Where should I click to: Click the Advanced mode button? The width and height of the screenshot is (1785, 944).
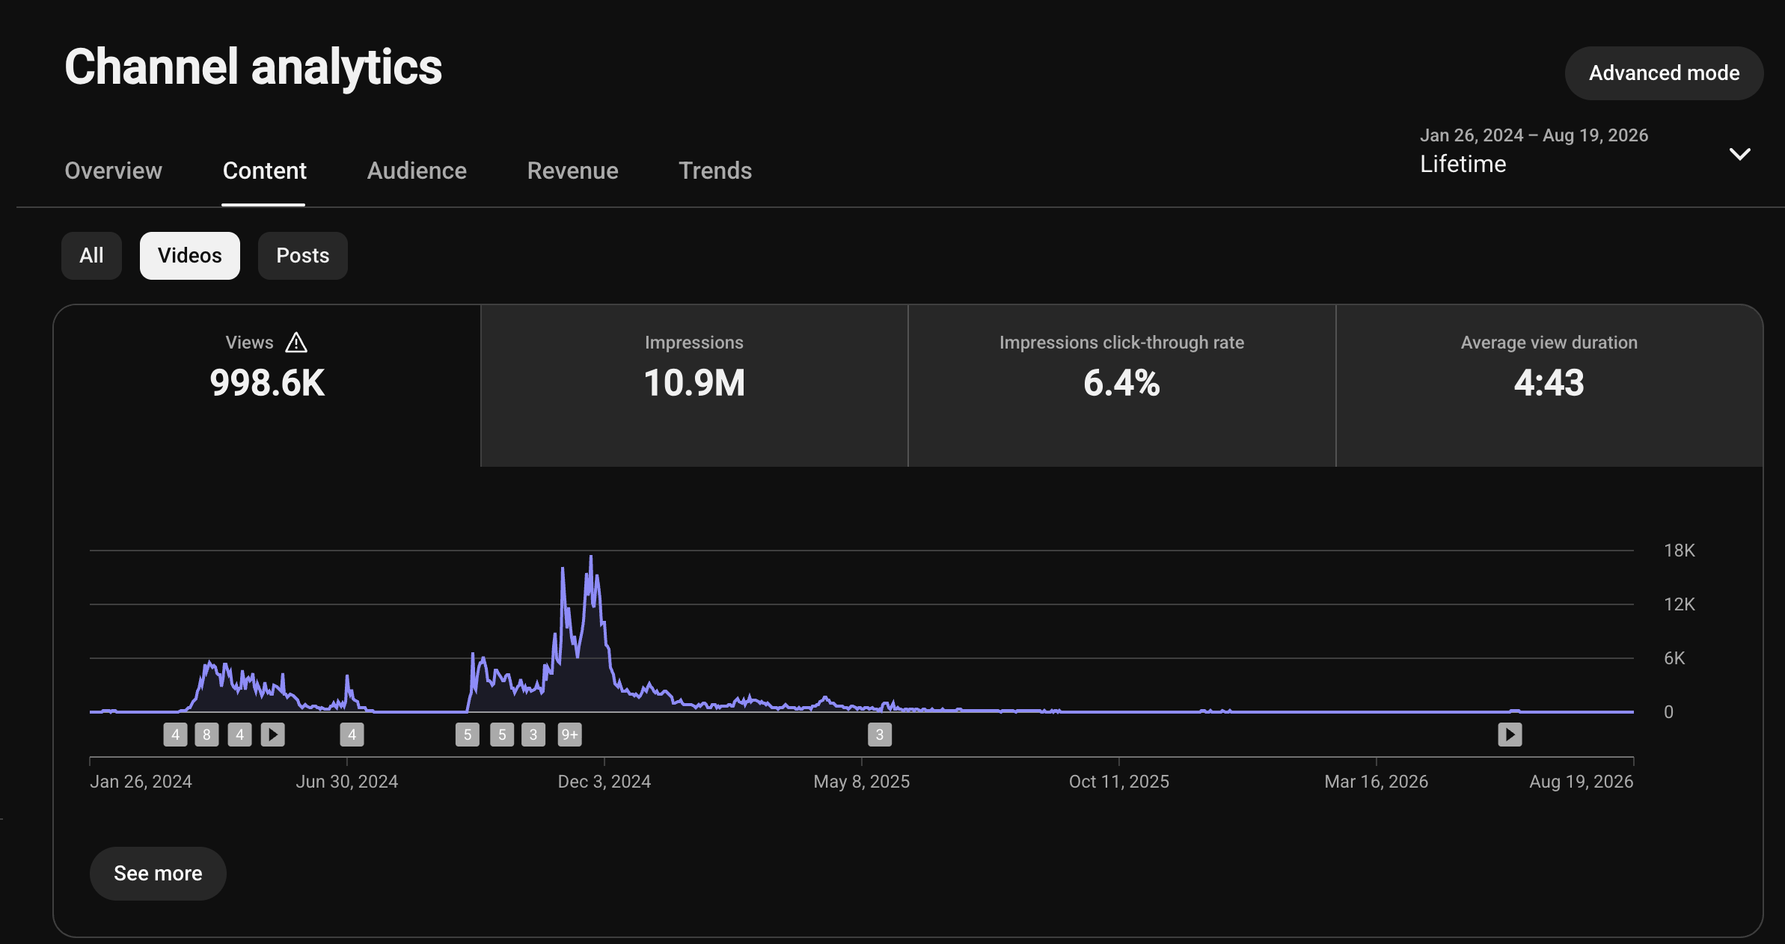[x=1664, y=73]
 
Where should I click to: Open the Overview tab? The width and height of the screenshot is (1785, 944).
[x=113, y=171]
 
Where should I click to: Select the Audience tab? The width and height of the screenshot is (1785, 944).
[x=417, y=171]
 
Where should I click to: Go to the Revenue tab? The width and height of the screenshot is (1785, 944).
[x=572, y=171]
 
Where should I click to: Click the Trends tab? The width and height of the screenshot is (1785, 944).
[x=715, y=171]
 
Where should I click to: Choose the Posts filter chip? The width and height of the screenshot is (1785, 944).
[x=303, y=256]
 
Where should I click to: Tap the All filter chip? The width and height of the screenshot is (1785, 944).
[x=91, y=256]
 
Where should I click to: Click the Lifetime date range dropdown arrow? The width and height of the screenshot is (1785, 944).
[x=1740, y=154]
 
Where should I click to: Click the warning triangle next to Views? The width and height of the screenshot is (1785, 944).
[x=296, y=343]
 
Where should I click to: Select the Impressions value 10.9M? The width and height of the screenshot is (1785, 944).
[x=694, y=383]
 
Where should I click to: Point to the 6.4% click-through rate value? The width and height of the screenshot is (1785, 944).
[x=1121, y=383]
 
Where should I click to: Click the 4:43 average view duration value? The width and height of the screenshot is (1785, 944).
[x=1549, y=383]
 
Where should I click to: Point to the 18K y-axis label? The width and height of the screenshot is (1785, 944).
[x=1680, y=551]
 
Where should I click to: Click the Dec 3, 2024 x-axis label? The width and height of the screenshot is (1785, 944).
[x=604, y=782]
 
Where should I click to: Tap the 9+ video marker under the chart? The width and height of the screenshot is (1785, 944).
[x=570, y=735]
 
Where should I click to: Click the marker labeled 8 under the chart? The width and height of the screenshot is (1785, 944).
[x=206, y=735]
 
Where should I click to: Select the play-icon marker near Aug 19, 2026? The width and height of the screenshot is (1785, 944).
[x=1510, y=735]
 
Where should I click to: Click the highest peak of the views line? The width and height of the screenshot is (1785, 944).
[x=591, y=556]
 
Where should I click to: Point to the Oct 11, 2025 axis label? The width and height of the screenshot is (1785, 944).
[x=1119, y=782]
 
